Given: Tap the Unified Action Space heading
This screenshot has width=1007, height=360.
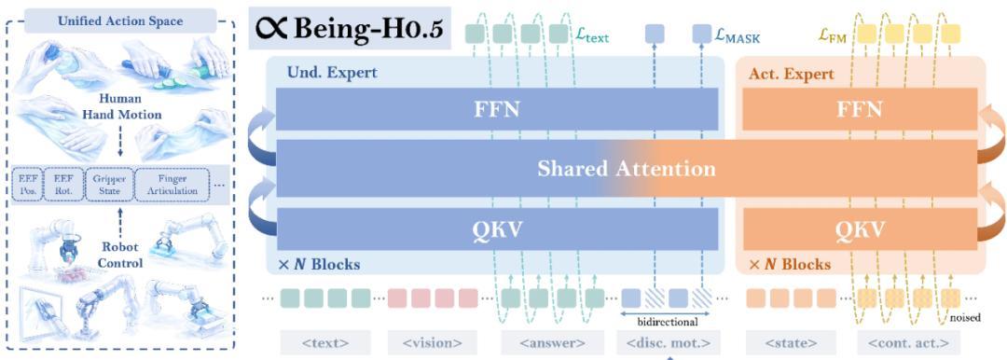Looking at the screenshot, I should click(118, 21).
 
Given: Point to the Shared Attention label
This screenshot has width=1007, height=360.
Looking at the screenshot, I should click(626, 169).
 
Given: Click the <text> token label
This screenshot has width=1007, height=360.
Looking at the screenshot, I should click(324, 343).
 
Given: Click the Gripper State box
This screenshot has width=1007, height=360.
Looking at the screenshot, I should click(110, 184).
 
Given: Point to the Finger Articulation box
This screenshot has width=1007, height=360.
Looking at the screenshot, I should click(172, 184).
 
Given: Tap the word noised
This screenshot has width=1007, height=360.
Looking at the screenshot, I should click(965, 317).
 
